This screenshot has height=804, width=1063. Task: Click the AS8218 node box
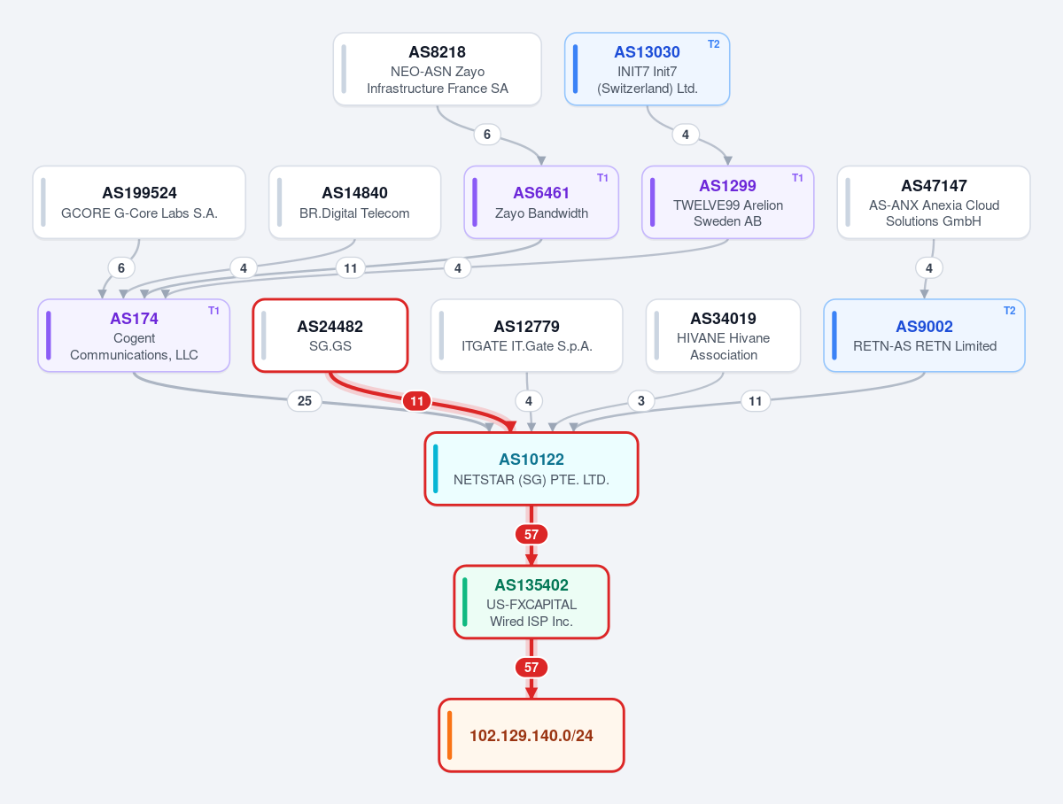437,69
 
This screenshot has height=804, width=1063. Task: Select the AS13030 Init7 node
647,69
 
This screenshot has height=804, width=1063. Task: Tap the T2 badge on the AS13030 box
713,44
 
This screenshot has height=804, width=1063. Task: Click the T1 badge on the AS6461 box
602,178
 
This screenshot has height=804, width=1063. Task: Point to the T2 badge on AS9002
1009,311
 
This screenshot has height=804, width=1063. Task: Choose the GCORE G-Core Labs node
139,203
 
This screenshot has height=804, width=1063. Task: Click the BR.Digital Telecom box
354,203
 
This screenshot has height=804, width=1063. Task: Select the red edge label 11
416,401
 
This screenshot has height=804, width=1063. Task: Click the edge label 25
305,401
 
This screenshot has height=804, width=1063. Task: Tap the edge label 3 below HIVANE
641,401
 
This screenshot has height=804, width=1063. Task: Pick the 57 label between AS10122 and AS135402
531,535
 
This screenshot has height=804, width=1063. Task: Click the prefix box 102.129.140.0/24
531,735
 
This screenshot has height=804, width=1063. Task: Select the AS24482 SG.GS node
330,336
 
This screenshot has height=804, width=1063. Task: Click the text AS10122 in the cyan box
531,459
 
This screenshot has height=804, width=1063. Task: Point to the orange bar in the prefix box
449,735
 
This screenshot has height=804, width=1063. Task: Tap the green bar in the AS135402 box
464,602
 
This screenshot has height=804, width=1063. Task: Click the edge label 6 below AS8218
486,134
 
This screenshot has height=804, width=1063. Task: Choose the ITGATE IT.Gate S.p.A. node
526,336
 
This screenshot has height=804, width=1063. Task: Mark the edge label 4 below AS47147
929,267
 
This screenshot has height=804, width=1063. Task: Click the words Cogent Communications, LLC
134,346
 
